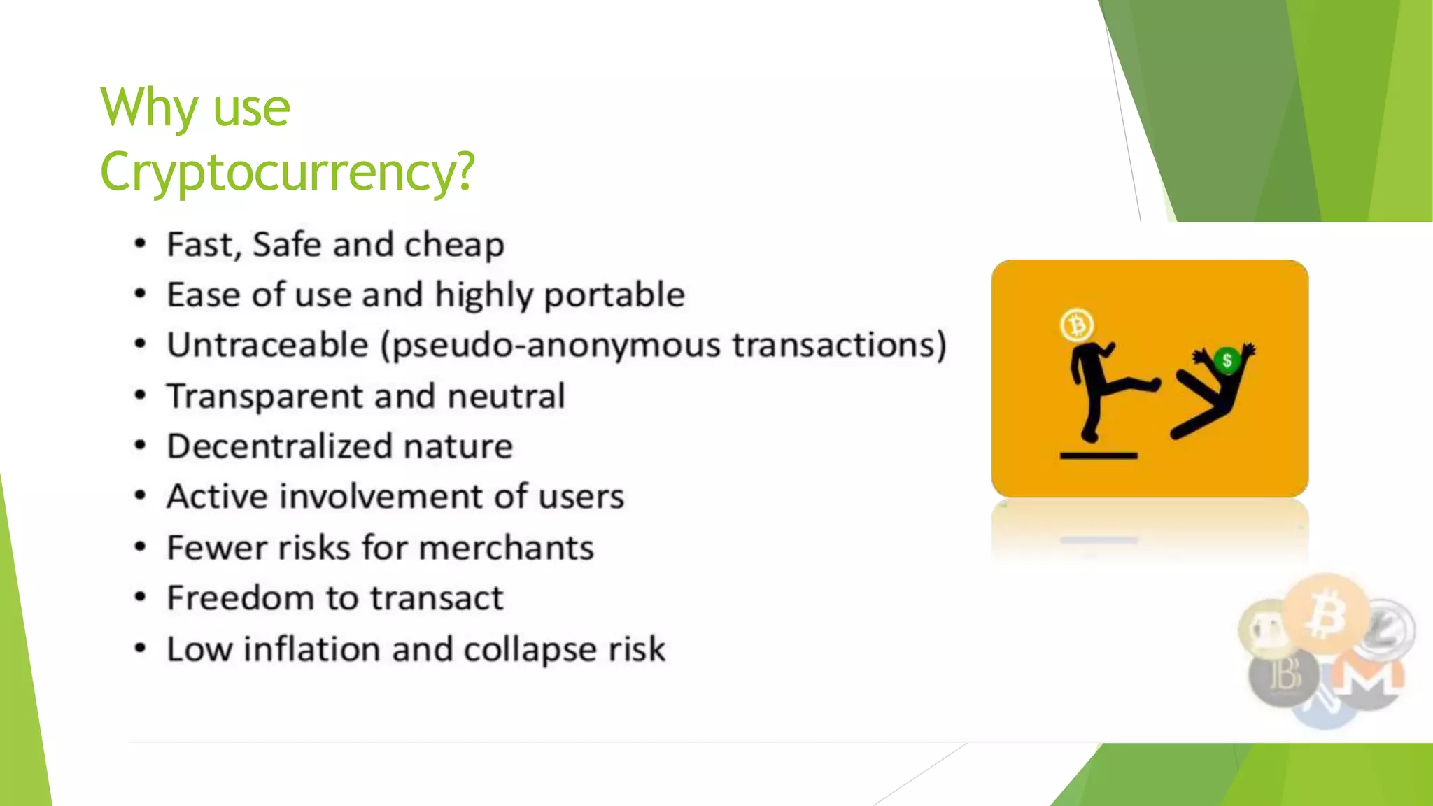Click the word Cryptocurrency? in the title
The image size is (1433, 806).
click(x=287, y=172)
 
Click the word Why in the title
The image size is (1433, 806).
click(x=149, y=108)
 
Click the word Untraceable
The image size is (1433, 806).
click(x=267, y=345)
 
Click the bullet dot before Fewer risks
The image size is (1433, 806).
click(x=141, y=546)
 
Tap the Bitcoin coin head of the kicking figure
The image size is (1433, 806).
click(x=1077, y=325)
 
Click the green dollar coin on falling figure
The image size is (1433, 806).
click(x=1227, y=360)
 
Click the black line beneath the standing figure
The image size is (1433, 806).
click(x=1099, y=455)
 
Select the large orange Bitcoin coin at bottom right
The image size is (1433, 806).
click(x=1327, y=614)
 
